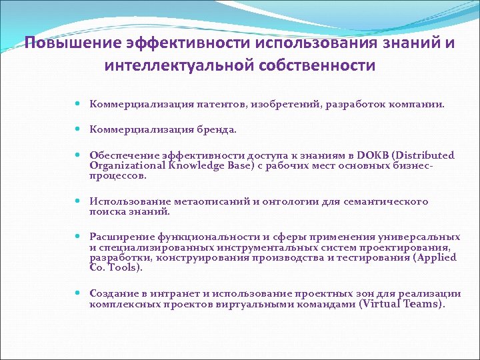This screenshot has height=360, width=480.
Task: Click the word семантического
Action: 387,202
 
